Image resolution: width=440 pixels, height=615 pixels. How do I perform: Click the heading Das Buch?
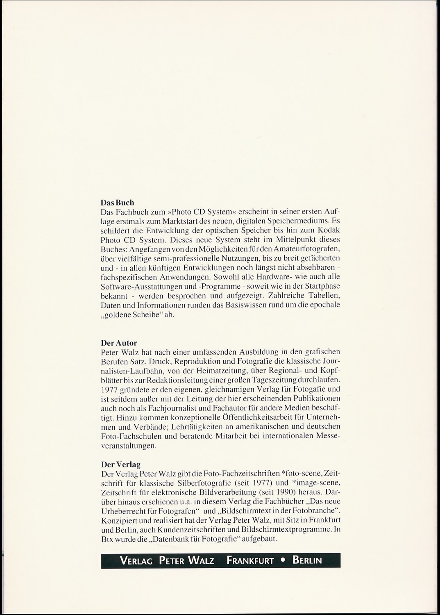(x=117, y=203)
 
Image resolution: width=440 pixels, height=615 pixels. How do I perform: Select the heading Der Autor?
(x=119, y=343)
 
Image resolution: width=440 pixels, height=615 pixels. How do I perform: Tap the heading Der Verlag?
(x=120, y=465)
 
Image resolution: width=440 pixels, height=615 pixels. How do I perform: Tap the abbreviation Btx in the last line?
(x=106, y=539)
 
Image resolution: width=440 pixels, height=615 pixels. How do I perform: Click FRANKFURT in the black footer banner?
(x=250, y=560)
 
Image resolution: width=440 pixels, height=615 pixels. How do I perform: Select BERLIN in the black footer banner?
(x=307, y=560)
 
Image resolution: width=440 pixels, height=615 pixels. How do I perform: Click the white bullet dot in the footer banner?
(x=283, y=561)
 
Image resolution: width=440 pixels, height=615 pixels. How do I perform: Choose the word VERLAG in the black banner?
(x=136, y=560)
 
